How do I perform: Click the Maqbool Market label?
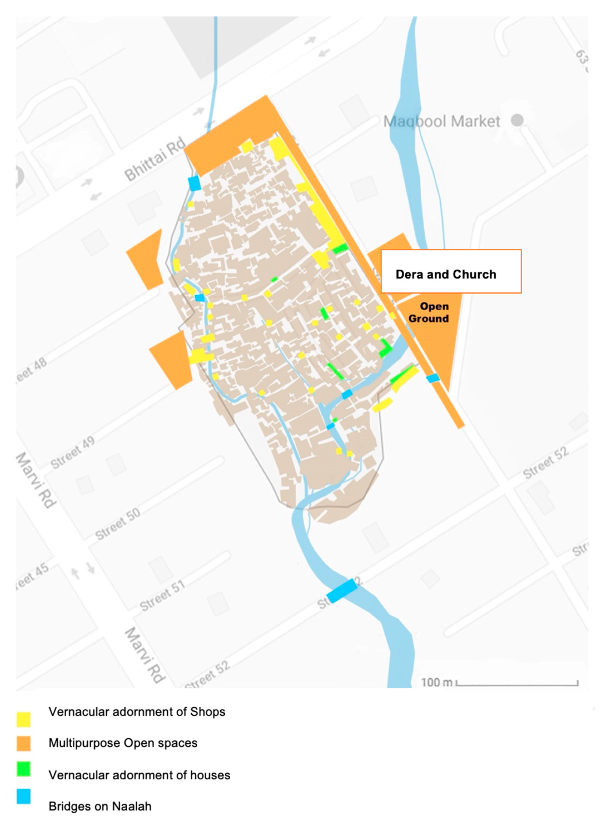441,121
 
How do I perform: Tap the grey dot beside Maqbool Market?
517,120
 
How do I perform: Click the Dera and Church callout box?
451,271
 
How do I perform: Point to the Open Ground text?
430,313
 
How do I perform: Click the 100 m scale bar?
517,682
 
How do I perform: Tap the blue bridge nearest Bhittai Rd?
195,183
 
